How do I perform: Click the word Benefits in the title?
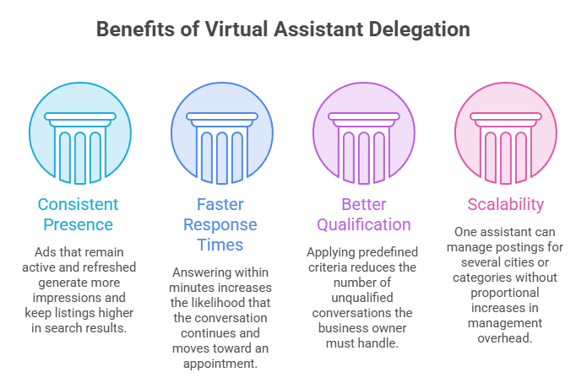pyautogui.click(x=135, y=30)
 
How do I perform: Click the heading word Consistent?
pyautogui.click(x=78, y=205)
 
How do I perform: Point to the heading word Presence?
pyautogui.click(x=78, y=224)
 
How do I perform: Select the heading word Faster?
pyautogui.click(x=220, y=205)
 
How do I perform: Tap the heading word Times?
pyautogui.click(x=220, y=245)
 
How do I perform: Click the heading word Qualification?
pyautogui.click(x=364, y=225)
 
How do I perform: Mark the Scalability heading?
pyautogui.click(x=506, y=205)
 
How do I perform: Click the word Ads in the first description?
pyautogui.click(x=43, y=252)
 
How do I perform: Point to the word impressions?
pyautogui.click(x=64, y=298)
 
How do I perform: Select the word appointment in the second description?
pyautogui.click(x=220, y=364)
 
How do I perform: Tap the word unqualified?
pyautogui.click(x=362, y=298)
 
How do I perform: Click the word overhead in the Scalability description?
pyautogui.click(x=504, y=338)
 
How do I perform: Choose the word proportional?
pyautogui.click(x=504, y=294)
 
